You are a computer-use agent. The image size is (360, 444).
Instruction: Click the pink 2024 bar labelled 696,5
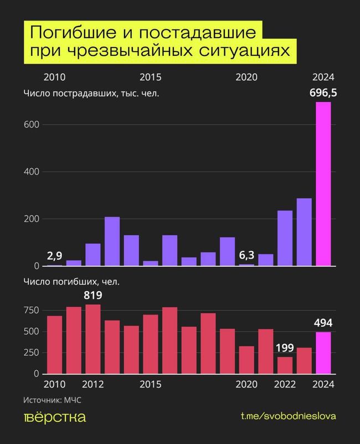(323, 184)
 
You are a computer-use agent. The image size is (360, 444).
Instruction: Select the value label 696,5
(323, 91)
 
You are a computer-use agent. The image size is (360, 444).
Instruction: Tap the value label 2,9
(55, 256)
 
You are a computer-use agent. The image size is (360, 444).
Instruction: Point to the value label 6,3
(246, 255)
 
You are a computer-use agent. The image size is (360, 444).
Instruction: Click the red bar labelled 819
(93, 339)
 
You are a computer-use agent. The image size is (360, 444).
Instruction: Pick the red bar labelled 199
(285, 365)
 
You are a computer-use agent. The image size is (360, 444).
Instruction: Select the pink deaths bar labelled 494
(323, 353)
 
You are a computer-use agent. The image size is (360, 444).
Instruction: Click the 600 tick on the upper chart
(31, 125)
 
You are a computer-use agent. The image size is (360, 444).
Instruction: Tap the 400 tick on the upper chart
(31, 172)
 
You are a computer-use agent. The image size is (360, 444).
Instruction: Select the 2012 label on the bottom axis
(93, 384)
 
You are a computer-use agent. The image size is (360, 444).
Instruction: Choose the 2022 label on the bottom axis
(285, 384)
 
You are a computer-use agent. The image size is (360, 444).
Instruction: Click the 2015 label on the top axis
(151, 77)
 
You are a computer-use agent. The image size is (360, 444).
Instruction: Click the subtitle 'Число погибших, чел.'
(71, 281)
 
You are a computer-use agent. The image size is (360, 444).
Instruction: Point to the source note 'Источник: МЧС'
(56, 399)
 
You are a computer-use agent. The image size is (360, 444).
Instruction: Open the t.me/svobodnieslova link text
(288, 416)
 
